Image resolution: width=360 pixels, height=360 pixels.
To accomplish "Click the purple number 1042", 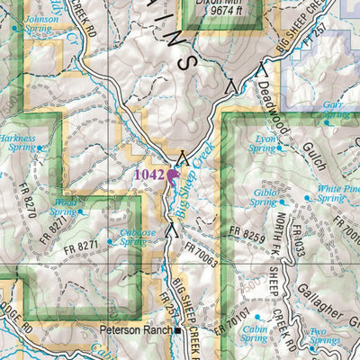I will (x=148, y=173).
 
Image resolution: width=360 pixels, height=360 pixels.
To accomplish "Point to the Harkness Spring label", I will (x=22, y=143).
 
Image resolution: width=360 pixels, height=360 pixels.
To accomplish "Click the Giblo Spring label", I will (x=264, y=197).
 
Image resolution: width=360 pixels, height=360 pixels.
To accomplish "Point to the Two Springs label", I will (x=324, y=337).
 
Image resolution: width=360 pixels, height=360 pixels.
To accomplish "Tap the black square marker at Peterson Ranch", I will (x=179, y=331).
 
